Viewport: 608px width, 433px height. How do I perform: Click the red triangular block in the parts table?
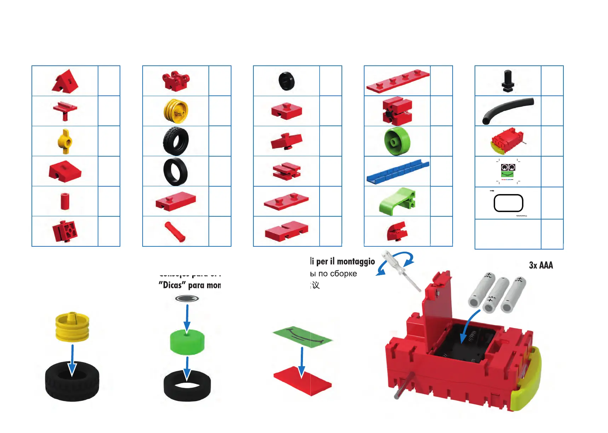click(x=65, y=81)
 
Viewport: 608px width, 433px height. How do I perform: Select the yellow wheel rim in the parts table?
click(x=176, y=111)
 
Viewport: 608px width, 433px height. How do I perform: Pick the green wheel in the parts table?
click(x=397, y=141)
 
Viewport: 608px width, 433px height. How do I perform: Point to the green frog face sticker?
click(x=507, y=171)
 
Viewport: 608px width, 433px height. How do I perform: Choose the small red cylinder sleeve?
click(x=65, y=201)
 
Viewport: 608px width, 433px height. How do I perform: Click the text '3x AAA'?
click(x=540, y=265)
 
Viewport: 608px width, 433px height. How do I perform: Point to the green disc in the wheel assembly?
click(x=187, y=342)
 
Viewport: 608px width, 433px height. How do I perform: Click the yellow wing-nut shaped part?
click(x=65, y=141)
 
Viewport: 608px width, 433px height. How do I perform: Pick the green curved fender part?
click(x=397, y=201)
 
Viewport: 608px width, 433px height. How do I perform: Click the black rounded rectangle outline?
click(x=508, y=203)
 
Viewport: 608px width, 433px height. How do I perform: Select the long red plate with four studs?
click(x=398, y=81)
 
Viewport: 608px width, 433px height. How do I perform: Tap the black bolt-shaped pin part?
click(x=507, y=81)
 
